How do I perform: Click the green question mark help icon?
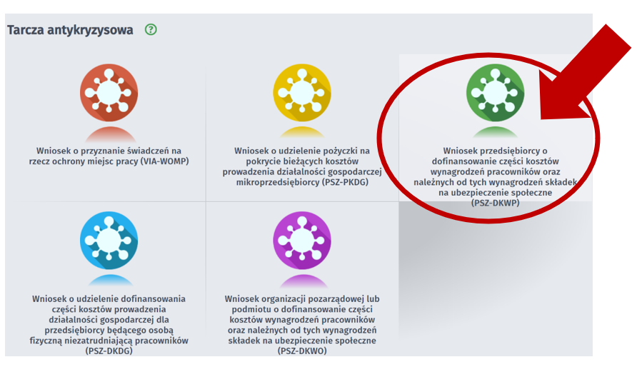click(151, 30)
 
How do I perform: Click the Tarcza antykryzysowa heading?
click(70, 30)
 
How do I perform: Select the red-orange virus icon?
click(109, 93)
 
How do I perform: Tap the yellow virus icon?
click(302, 93)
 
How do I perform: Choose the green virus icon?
click(495, 93)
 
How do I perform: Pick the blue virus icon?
click(109, 241)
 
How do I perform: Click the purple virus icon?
click(302, 241)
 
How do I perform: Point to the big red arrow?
click(585, 73)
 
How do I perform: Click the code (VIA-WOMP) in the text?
click(164, 161)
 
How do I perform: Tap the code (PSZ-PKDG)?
click(346, 182)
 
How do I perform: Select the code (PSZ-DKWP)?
click(495, 203)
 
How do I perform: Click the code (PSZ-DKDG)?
click(109, 351)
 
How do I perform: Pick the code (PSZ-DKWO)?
click(302, 351)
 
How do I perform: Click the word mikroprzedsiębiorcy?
click(278, 182)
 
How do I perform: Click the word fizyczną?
click(46, 341)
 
